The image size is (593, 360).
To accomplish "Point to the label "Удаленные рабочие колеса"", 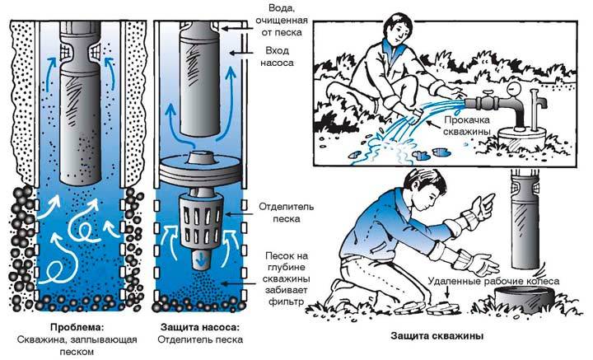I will point(494,282).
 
